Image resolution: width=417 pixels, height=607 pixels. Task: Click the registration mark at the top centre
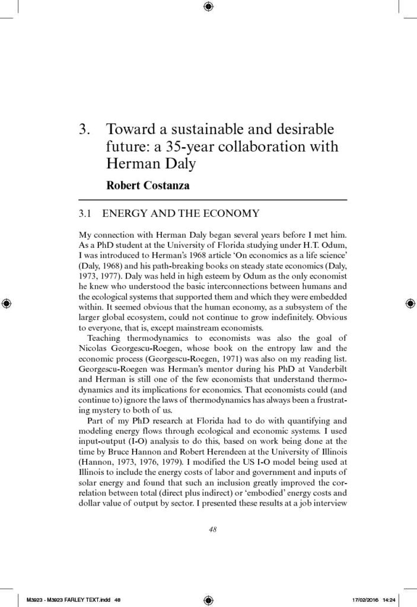pyautogui.click(x=208, y=7)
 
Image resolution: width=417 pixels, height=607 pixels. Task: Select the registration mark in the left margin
pyautogui.click(x=7, y=303)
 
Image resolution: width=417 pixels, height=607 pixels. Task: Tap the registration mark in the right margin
pyautogui.click(x=410, y=303)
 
